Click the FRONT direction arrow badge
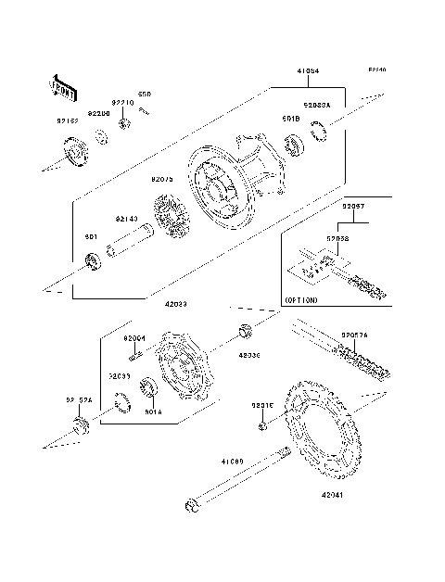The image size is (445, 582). pyautogui.click(x=63, y=86)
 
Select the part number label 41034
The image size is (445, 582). pyautogui.click(x=310, y=70)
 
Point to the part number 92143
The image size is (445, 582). pyautogui.click(x=126, y=219)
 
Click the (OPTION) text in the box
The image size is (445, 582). pyautogui.click(x=301, y=300)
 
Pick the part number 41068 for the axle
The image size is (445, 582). pyautogui.click(x=232, y=460)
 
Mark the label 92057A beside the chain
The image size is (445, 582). pyautogui.click(x=354, y=335)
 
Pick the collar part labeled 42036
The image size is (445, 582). pyautogui.click(x=247, y=331)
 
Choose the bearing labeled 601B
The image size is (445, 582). pyautogui.click(x=294, y=144)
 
